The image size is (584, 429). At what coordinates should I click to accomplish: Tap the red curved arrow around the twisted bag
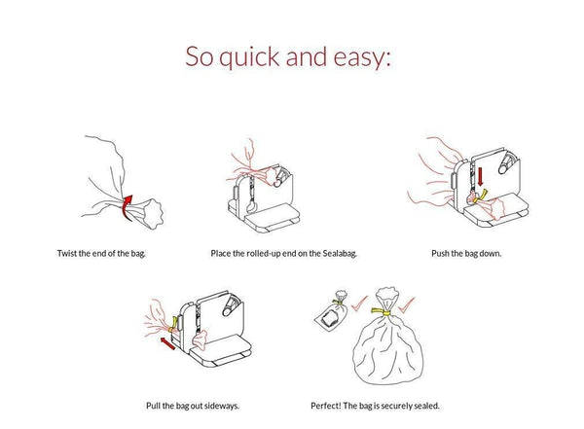pos(128,207)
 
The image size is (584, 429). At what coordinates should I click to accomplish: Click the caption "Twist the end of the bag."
pos(101,254)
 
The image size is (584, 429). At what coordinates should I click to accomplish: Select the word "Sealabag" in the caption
pos(340,254)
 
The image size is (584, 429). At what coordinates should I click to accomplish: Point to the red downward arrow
pos(480,176)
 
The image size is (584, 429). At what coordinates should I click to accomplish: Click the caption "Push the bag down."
pos(466,254)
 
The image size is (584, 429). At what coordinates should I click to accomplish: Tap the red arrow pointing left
pos(166,343)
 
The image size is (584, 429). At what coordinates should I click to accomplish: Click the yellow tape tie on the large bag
pos(382,311)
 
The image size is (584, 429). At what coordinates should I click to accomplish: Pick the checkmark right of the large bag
pos(406,304)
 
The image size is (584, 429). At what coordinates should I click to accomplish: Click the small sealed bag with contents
pos(331,313)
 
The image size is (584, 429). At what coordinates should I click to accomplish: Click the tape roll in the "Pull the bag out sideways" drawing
pos(231,306)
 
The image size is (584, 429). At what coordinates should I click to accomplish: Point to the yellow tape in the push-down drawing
pos(480,197)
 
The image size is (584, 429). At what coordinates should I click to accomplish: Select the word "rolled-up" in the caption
pos(262,254)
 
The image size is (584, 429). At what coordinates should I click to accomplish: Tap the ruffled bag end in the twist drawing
pos(151,213)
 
